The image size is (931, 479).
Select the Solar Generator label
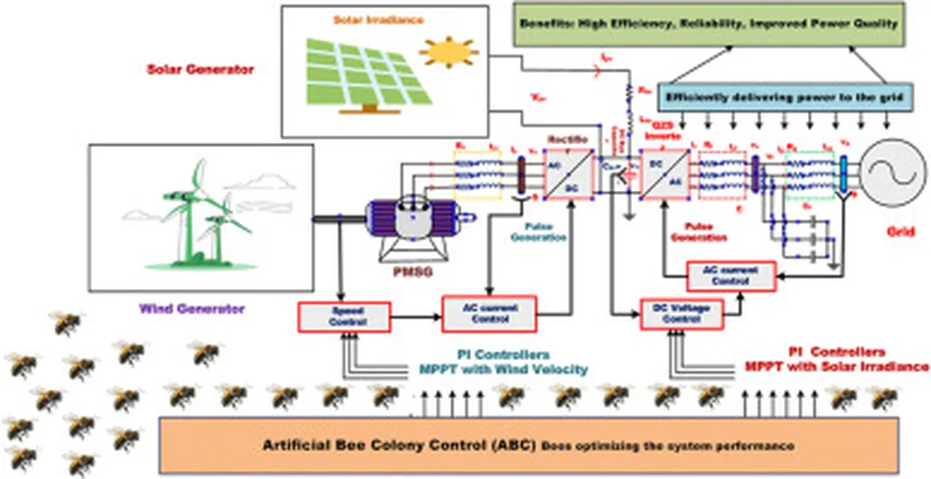point(200,69)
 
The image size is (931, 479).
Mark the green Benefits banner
point(709,25)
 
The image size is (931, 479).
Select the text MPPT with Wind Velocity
point(503,369)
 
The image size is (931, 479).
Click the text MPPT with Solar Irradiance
point(834,366)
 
